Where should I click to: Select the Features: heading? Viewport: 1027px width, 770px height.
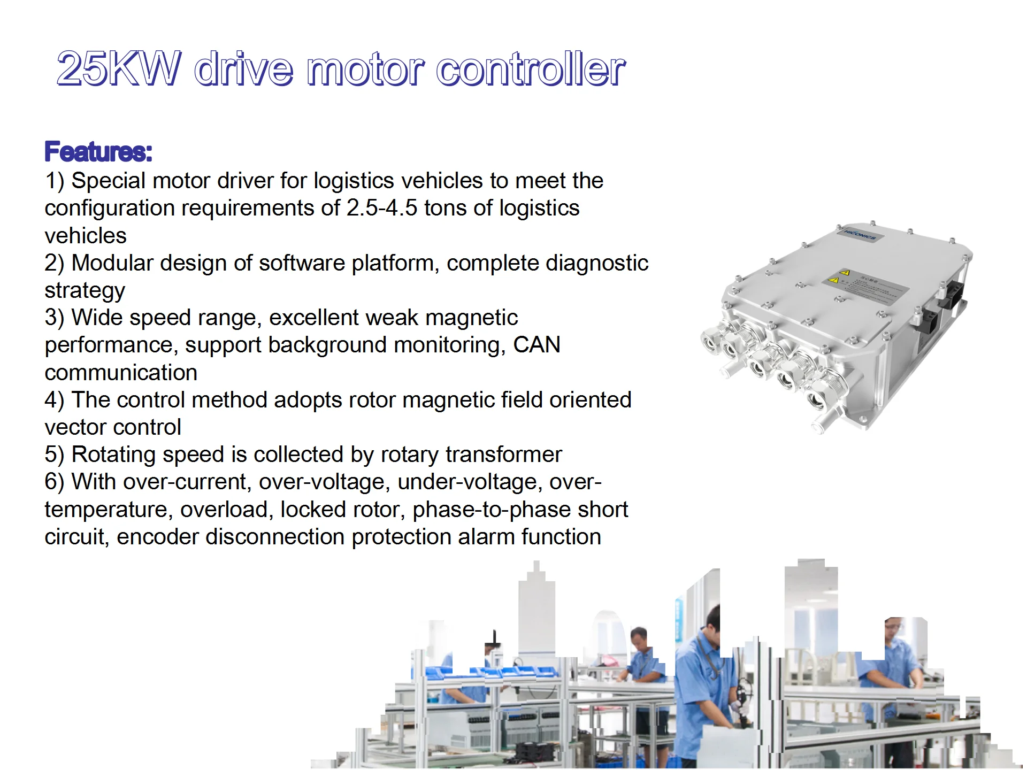click(98, 151)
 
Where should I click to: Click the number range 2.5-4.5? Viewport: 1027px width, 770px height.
click(381, 208)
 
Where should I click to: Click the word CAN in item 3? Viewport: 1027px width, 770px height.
click(537, 345)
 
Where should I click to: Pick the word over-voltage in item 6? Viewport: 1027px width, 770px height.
click(325, 482)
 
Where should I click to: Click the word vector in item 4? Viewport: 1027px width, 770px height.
click(75, 427)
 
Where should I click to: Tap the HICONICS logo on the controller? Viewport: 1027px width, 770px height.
click(860, 234)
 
